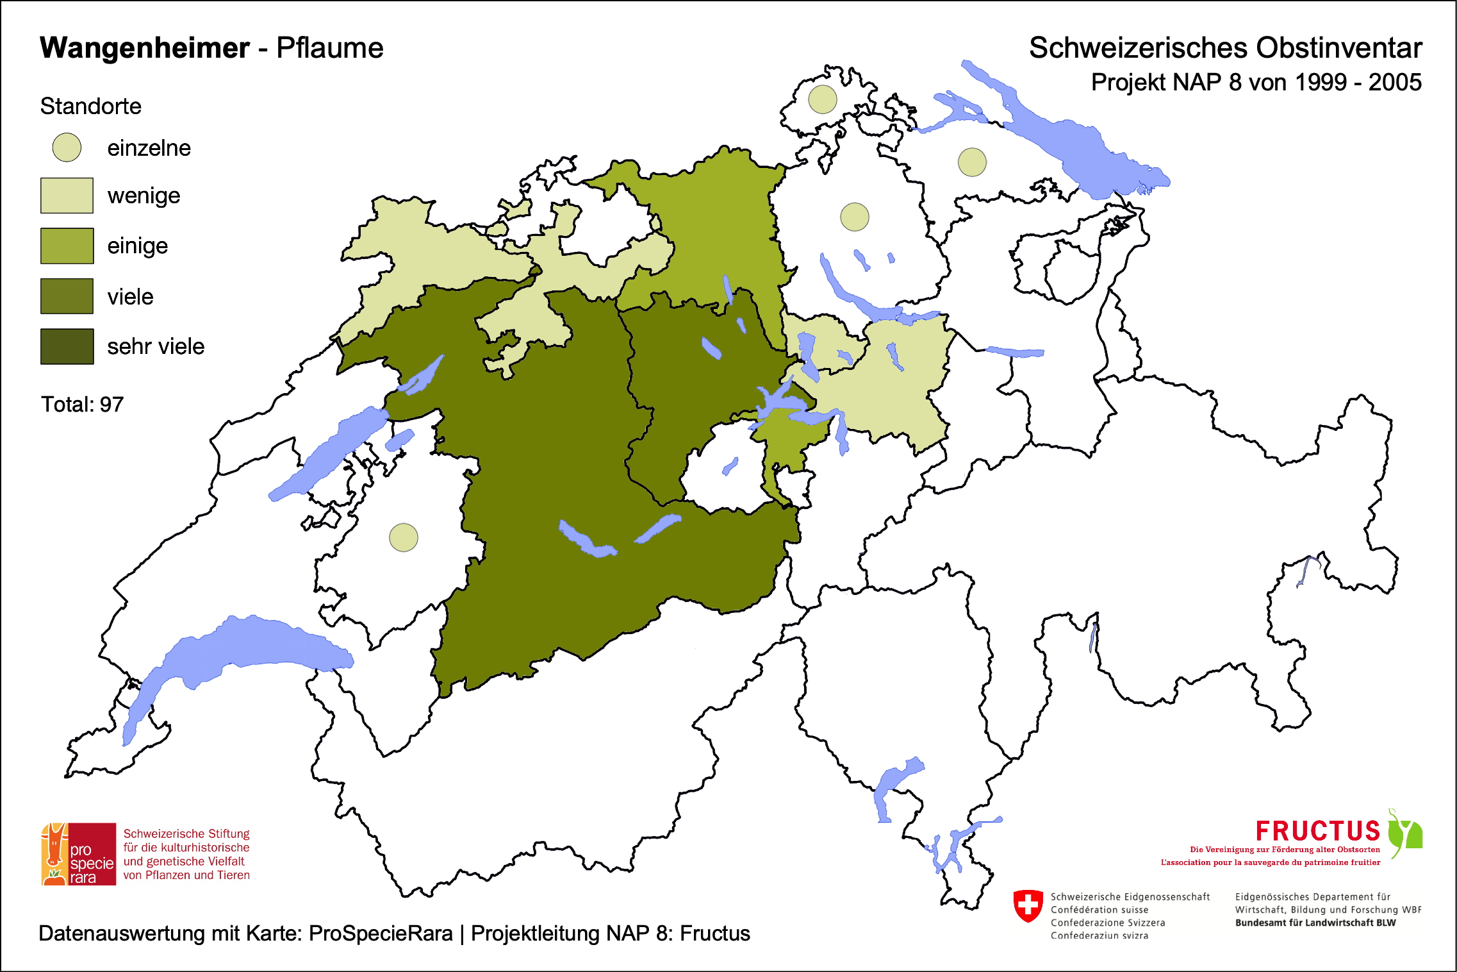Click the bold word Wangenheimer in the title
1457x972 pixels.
pos(145,48)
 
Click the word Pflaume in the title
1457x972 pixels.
pos(329,48)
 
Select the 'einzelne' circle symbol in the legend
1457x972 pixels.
pos(67,147)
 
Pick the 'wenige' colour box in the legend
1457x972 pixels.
pos(67,196)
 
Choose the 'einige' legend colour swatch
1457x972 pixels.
pos(67,246)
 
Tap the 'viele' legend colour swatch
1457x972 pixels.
pos(67,296)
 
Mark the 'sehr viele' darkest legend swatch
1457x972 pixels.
pos(67,346)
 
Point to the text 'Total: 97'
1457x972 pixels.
pos(82,405)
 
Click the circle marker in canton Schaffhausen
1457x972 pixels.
pos(822,99)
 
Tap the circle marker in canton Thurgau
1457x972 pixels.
pos(972,162)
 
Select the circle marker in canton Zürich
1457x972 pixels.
pos(854,217)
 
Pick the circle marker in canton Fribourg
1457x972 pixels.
pos(404,537)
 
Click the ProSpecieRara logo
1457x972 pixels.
pos(79,854)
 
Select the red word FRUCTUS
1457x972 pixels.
pos(1317,831)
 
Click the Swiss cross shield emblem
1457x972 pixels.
pos(1028,905)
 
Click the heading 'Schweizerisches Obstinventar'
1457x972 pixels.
pos(1225,48)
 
